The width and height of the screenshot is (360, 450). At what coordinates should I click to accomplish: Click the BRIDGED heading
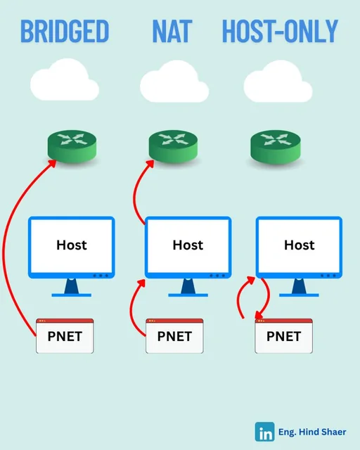[x=65, y=31]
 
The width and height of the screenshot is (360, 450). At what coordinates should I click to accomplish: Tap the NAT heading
[x=172, y=31]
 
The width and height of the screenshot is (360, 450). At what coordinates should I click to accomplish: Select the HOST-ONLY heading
[x=280, y=31]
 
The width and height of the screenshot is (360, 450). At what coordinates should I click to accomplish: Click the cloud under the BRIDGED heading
[x=65, y=79]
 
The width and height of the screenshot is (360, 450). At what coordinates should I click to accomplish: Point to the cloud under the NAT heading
[x=174, y=82]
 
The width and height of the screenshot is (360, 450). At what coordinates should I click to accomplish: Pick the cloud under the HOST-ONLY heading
[x=278, y=82]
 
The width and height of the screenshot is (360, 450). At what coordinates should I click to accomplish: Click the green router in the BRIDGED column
[x=72, y=146]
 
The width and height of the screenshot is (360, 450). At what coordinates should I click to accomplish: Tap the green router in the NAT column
[x=173, y=146]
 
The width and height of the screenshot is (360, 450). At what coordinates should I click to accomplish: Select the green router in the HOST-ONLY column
[x=276, y=146]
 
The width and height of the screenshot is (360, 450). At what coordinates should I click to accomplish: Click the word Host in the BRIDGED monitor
[x=72, y=245]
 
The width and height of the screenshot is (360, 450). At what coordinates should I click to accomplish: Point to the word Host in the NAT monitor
[x=188, y=245]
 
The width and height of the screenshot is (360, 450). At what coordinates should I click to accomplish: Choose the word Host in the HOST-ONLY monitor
[x=299, y=245]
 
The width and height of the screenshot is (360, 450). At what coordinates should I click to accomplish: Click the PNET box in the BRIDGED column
[x=65, y=336]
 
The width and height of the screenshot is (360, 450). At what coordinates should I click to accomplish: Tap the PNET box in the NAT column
[x=174, y=336]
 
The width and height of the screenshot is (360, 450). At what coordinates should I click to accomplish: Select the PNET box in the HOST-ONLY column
[x=283, y=336]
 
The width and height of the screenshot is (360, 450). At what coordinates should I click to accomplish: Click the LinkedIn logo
[x=264, y=432]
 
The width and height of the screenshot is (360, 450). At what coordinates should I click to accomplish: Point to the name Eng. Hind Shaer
[x=312, y=432]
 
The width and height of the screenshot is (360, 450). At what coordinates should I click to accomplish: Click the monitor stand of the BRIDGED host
[x=72, y=288]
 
